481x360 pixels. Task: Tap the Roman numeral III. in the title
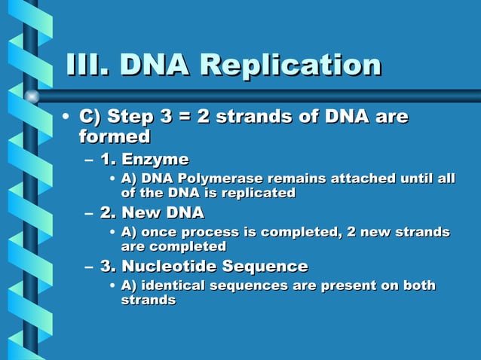[87, 65]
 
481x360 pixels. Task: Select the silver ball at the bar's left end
[32, 96]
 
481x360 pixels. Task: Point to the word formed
[115, 136]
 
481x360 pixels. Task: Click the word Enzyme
[155, 160]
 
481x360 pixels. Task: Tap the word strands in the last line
[149, 300]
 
